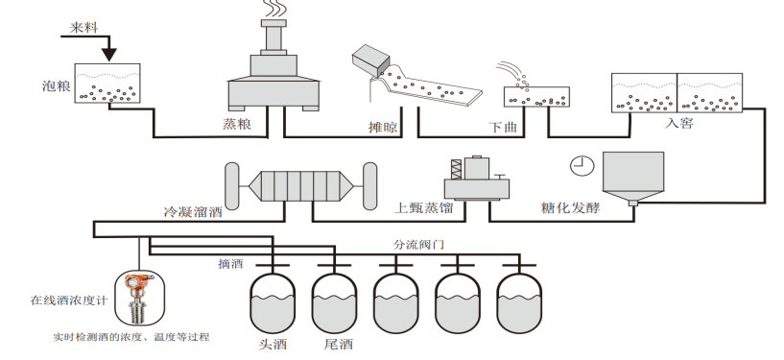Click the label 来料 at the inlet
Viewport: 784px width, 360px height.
pyautogui.click(x=83, y=27)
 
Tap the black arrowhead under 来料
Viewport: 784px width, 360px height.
pyautogui.click(x=109, y=55)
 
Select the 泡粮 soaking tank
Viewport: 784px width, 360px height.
pyautogui.click(x=107, y=84)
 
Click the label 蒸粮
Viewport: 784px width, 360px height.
pyautogui.click(x=237, y=124)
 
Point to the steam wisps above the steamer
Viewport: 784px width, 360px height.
pyautogui.click(x=273, y=9)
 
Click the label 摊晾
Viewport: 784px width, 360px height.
pyautogui.click(x=384, y=127)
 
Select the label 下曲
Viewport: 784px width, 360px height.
pyautogui.click(x=503, y=127)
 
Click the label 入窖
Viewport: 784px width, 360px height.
pyautogui.click(x=679, y=123)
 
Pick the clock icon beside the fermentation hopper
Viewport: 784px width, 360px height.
pyautogui.click(x=582, y=165)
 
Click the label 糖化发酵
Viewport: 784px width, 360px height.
pyautogui.click(x=571, y=207)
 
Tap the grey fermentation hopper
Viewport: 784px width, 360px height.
pyautogui.click(x=633, y=179)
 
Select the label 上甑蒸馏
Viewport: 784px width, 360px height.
pyautogui.click(x=424, y=207)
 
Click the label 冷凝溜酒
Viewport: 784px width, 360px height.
pyautogui.click(x=193, y=212)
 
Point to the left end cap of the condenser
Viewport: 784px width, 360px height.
pyautogui.click(x=232, y=186)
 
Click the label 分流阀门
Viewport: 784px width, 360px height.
pyautogui.click(x=418, y=245)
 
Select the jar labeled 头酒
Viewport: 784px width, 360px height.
pyautogui.click(x=273, y=302)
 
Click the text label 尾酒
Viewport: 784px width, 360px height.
pyautogui.click(x=339, y=345)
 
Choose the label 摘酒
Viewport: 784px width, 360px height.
pyautogui.click(x=230, y=263)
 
